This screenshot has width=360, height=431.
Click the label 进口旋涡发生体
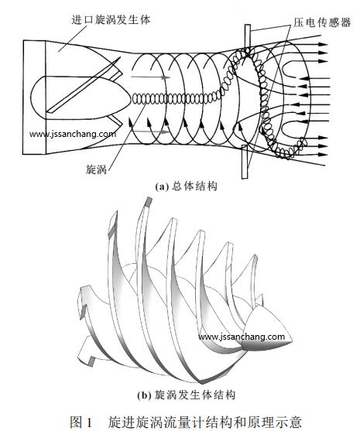pos(111,20)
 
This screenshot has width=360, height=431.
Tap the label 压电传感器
pos(322,22)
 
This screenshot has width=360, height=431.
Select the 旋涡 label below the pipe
pos(96,169)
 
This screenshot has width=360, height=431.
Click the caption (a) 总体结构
pos(186,186)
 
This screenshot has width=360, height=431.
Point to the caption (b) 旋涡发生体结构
pos(186,395)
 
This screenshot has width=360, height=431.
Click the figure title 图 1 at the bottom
pos(81,422)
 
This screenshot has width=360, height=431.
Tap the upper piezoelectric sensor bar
pos(248,37)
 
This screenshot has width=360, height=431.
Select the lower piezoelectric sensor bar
pos(245,162)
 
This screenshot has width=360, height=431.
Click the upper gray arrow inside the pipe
pos(151,77)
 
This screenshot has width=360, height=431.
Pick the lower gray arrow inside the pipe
pos(151,132)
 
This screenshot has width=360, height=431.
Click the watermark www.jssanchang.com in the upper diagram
pos(73,134)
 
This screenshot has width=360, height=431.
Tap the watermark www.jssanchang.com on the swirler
pos(242,337)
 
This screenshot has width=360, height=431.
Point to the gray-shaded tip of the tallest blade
pos(149,201)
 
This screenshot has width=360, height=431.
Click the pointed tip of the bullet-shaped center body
pos(131,98)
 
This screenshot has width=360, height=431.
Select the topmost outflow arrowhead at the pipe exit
pos(324,44)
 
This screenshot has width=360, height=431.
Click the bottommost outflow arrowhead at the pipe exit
pos(324,155)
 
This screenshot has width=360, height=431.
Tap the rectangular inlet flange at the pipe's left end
pos(34,97)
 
